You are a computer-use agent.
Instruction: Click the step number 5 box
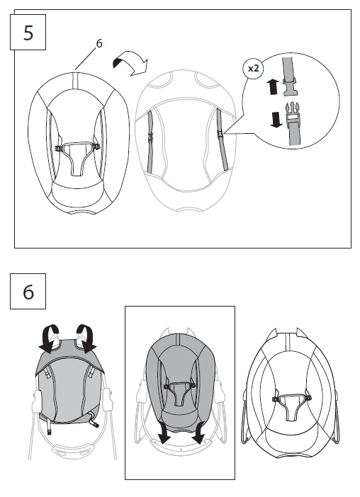click(x=28, y=33)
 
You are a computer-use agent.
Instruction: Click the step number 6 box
click(x=28, y=290)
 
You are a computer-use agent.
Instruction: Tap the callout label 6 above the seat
click(x=99, y=43)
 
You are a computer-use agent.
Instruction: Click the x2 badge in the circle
click(x=252, y=69)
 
